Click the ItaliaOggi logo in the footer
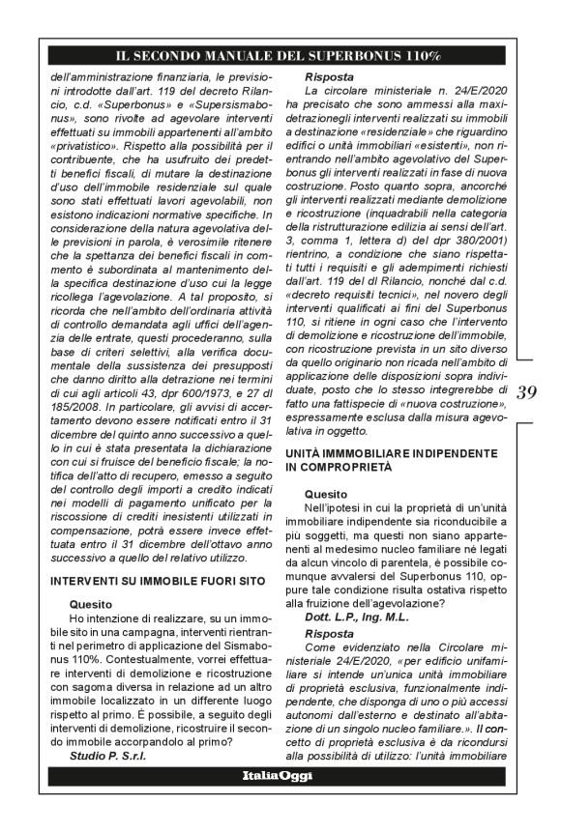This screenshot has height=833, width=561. tap(280, 803)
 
